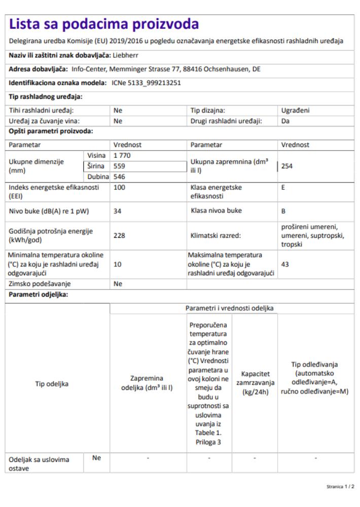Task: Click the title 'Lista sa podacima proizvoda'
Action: [104, 23]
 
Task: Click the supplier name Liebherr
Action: [125, 55]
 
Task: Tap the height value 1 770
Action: [122, 155]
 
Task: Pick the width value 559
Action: [120, 165]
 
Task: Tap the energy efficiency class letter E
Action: [283, 187]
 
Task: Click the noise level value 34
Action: [118, 211]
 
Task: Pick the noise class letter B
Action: [283, 211]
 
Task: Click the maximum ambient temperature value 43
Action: [285, 264]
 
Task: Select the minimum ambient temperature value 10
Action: [118, 264]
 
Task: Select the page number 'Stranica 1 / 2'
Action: [341, 486]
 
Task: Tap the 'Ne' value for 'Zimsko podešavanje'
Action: [118, 284]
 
